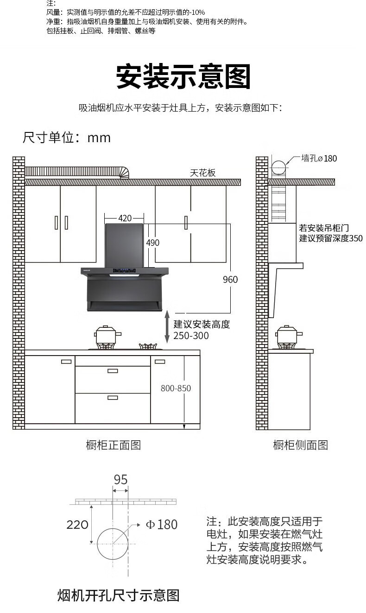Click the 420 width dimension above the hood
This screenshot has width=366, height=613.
coord(125,218)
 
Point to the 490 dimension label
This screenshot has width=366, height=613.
coord(153,243)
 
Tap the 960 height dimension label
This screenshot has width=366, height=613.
coord(230,279)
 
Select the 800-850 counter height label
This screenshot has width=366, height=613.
coord(176,388)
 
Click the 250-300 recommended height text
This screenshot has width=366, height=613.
coord(191,336)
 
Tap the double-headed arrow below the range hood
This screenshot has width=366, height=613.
coord(167,326)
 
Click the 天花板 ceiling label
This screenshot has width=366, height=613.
coord(203,173)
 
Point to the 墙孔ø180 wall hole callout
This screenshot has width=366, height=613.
coord(319,158)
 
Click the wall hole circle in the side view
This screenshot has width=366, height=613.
coord(279,168)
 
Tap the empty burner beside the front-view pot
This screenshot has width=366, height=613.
coord(148,346)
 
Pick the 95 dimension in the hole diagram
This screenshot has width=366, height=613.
coord(120,480)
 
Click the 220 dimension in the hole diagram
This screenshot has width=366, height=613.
coord(77,525)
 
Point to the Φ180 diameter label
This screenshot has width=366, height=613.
coord(162,524)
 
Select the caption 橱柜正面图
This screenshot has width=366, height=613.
coord(114,445)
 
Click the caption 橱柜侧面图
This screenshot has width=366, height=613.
coord(300,445)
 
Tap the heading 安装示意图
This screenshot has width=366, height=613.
coord(183,76)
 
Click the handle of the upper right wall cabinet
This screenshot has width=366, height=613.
coord(186,223)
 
